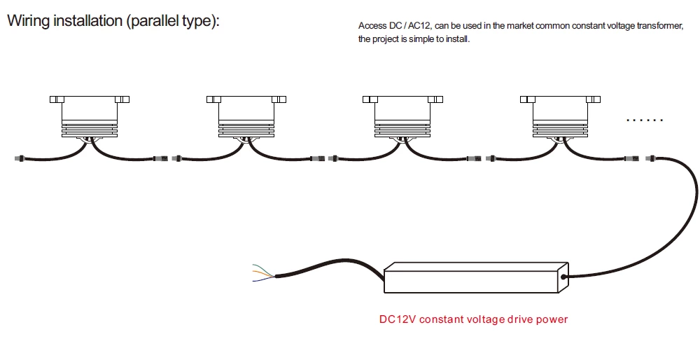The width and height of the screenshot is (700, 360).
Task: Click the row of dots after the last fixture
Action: pos(644,120)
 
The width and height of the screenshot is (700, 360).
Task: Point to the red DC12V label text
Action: pos(473,319)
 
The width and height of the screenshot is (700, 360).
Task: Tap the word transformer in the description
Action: pos(661,26)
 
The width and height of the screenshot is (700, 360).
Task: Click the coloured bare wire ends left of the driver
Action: pos(263,273)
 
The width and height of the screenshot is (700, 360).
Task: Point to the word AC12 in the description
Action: pos(416,26)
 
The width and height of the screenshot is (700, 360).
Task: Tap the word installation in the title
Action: pos(88,21)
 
